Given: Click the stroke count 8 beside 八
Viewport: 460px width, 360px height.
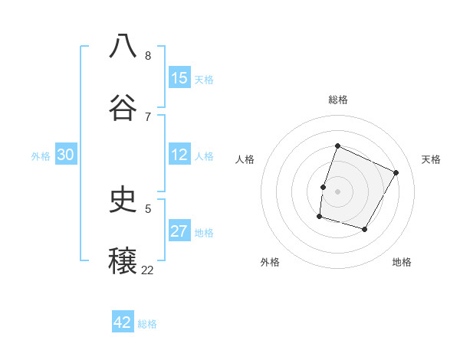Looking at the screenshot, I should [x=147, y=56].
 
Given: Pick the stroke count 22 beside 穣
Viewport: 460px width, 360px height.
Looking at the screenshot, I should [x=147, y=270].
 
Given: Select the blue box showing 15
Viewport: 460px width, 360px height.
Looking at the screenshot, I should [x=179, y=78].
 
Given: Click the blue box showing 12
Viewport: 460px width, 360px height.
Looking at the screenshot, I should [x=179, y=155].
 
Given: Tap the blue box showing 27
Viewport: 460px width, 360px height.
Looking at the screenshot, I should [x=179, y=232].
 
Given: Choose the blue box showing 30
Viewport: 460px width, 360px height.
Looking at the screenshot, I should [x=65, y=155].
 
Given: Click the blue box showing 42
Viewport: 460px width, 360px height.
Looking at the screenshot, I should [x=123, y=322].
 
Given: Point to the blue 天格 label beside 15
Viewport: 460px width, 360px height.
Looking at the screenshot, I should [x=204, y=80].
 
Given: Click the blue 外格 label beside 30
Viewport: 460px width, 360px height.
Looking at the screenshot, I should [x=41, y=156].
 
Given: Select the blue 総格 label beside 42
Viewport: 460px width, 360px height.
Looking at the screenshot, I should [x=147, y=324].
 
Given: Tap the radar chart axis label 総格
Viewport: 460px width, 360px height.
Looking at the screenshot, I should [x=337, y=100].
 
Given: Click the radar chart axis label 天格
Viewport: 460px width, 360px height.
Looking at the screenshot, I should [x=431, y=159].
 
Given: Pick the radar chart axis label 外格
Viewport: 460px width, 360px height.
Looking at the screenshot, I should [x=270, y=262].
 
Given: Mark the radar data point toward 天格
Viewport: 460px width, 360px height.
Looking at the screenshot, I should [x=396, y=173].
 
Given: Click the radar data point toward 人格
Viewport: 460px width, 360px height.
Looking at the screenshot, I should [x=323, y=187].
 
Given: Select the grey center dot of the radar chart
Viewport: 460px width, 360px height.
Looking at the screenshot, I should [x=337, y=191].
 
